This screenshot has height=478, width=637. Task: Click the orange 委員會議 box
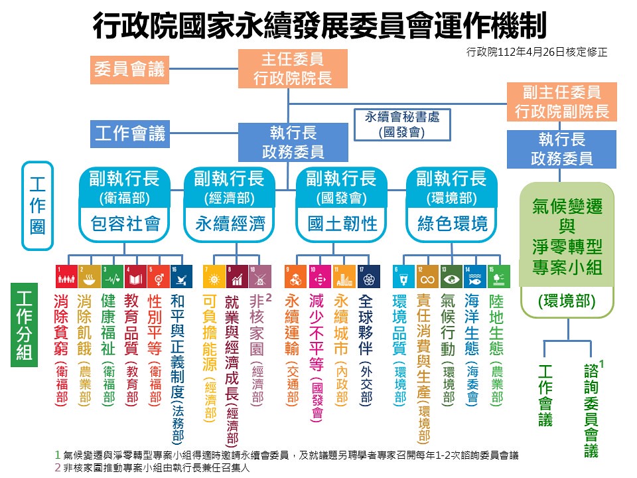point(129,70)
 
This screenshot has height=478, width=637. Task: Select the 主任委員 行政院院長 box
point(293,68)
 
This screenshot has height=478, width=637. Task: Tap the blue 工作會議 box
point(129,133)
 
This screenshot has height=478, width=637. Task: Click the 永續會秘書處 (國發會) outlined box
point(402,125)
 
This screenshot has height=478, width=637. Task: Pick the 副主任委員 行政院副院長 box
point(561,102)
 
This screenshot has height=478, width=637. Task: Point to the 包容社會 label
point(125,224)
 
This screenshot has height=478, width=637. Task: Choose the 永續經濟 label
point(230,224)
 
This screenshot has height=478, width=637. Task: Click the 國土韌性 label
point(342,224)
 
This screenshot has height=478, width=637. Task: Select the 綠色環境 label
point(452,224)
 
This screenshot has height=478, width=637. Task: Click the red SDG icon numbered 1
point(66,276)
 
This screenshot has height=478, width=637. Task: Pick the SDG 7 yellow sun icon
point(214,276)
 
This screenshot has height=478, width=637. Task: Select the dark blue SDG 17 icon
point(369,276)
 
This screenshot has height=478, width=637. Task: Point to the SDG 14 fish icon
point(475,276)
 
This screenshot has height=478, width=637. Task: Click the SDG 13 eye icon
point(451,276)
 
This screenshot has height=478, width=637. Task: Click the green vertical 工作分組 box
point(24,325)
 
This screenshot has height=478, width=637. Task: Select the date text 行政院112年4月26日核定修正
point(537,52)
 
